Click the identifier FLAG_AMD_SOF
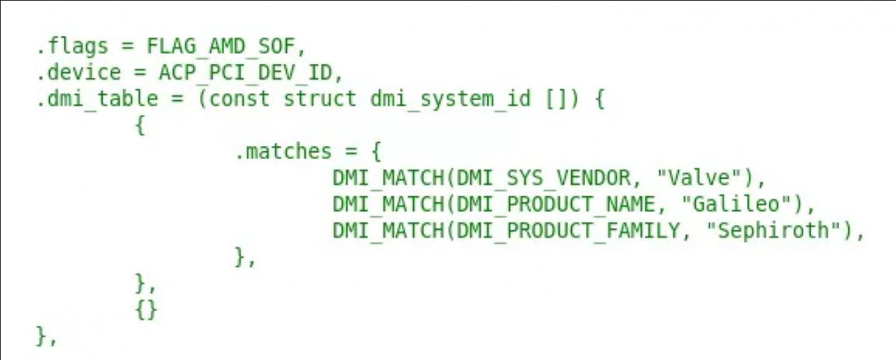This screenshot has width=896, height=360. click(x=220, y=47)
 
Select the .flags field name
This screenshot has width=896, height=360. click(x=72, y=47)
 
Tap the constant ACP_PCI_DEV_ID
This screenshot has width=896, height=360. click(x=245, y=74)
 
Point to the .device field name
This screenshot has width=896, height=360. click(x=78, y=74)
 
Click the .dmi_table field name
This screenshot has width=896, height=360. click(x=97, y=99)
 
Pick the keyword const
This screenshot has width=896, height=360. click(x=239, y=99)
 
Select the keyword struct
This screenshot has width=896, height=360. click(x=319, y=99)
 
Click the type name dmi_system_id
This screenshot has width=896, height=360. click(x=450, y=99)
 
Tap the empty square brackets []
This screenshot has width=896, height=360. click(x=556, y=99)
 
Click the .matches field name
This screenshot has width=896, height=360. click(x=283, y=151)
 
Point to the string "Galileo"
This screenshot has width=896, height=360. click(x=736, y=204)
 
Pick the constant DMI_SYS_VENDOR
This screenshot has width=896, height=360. click(x=543, y=179)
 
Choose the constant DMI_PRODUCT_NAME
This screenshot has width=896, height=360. click(x=556, y=205)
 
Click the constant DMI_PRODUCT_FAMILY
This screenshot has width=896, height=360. click(x=568, y=231)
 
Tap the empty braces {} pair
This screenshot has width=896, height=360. click(x=146, y=310)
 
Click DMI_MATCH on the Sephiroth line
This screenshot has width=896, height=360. click(x=388, y=231)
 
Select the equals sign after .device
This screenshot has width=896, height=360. click(x=139, y=74)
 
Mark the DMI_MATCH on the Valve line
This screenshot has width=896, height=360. click(x=388, y=179)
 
